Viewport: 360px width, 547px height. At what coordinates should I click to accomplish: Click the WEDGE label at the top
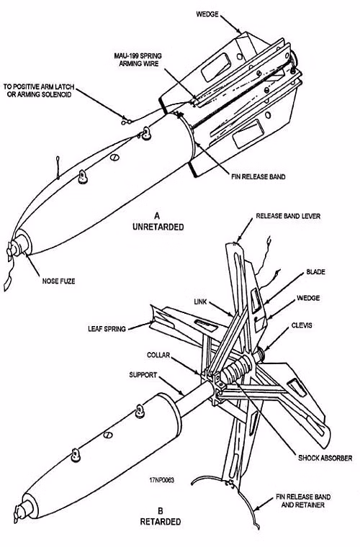point(207,14)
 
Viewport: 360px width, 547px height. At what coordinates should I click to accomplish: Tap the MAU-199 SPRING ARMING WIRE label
point(138,60)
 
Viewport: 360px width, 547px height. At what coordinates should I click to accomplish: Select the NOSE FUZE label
point(58,281)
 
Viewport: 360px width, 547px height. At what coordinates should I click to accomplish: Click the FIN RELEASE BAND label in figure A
point(258,176)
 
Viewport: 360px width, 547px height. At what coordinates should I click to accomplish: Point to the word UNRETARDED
point(158,227)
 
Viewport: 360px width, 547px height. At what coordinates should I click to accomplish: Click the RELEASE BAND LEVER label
point(288,216)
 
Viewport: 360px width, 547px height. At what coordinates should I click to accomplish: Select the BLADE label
point(315,272)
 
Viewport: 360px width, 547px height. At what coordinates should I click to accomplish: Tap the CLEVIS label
point(302,325)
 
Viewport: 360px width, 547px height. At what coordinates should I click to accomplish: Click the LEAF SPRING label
point(107,329)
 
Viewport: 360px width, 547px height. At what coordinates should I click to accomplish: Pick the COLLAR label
point(158,355)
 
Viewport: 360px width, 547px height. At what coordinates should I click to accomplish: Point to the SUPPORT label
point(143,375)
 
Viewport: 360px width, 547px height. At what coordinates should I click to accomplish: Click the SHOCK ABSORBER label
point(325,458)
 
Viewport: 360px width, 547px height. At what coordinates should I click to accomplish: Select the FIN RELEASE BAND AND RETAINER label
point(303,501)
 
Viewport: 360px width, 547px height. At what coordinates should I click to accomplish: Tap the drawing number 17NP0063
point(161,480)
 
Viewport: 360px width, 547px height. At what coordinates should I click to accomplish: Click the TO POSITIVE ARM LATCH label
point(39,86)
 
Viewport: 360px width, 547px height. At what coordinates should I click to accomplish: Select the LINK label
point(200,302)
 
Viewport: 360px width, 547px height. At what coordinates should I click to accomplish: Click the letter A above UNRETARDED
point(158,215)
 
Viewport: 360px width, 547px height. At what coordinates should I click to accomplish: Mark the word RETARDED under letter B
point(161,522)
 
